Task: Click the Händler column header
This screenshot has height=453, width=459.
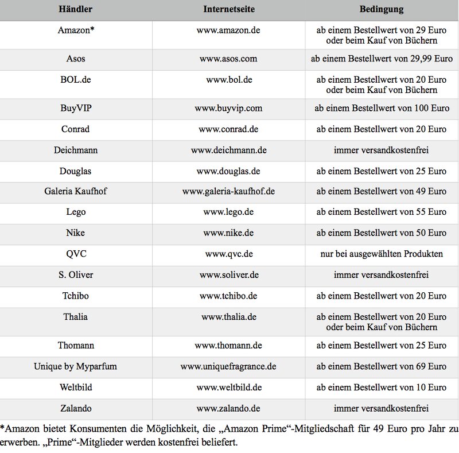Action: point(76,10)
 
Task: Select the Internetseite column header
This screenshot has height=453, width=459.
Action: point(228,10)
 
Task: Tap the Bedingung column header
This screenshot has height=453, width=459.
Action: point(381,10)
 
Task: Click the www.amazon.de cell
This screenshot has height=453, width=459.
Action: point(228,30)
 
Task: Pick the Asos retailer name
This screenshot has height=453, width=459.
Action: point(76,59)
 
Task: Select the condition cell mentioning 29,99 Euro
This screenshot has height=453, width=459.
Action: point(381,59)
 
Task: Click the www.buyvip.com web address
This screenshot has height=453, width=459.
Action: point(228,108)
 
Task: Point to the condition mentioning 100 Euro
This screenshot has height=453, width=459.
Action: point(381,108)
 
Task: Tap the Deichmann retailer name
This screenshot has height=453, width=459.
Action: point(76,150)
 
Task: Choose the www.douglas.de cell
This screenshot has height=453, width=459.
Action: point(228,171)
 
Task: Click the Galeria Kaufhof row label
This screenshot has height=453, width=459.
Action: point(76,191)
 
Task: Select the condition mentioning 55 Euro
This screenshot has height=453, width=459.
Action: point(381,212)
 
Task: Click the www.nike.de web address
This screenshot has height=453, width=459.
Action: point(228,233)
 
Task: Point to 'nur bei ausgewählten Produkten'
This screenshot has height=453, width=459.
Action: point(381,254)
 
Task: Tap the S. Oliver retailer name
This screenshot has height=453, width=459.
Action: point(76,275)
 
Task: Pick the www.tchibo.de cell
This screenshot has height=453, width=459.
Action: point(228,296)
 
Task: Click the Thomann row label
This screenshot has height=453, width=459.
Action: point(76,345)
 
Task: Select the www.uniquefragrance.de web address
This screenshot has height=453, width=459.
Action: point(228,366)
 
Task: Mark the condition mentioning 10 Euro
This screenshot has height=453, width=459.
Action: point(381,387)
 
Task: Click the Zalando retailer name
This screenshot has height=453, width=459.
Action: point(76,408)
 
